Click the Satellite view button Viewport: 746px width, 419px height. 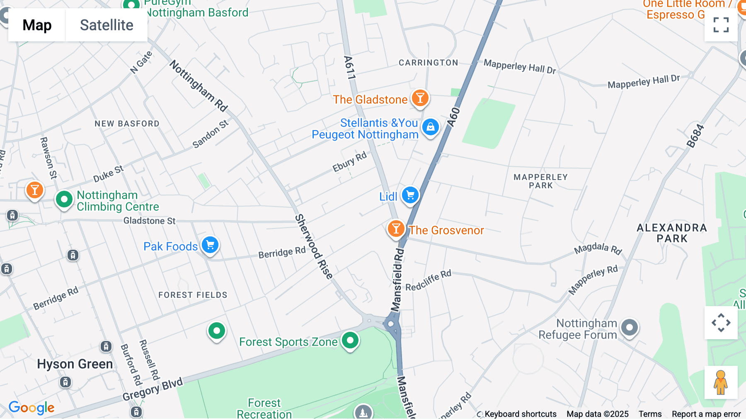tap(107, 25)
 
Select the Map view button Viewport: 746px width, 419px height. tap(37, 25)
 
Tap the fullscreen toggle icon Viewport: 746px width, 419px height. tap(721, 25)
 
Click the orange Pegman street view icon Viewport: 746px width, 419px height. tap(721, 382)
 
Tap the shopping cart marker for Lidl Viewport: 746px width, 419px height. tap(410, 195)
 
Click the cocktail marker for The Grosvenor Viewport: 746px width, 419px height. tap(396, 229)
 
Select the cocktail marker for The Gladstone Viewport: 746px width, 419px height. tap(420, 98)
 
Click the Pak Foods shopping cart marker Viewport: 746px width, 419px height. tap(210, 245)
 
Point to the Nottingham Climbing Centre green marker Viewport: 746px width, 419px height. tap(64, 200)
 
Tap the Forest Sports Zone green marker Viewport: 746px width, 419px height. tap(350, 341)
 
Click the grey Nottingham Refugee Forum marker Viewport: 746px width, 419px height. tap(630, 328)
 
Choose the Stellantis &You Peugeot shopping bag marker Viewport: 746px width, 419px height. tap(431, 127)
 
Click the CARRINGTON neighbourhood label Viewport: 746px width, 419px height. tap(428, 63)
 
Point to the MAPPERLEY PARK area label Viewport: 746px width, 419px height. tap(540, 181)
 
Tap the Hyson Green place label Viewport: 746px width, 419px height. tap(75, 364)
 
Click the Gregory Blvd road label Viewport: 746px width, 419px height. tap(153, 390)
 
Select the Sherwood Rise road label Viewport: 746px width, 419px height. tap(314, 246)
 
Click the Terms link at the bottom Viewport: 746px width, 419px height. tap(650, 414)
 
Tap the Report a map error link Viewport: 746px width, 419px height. tap(706, 414)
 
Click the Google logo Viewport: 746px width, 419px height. tap(31, 407)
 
